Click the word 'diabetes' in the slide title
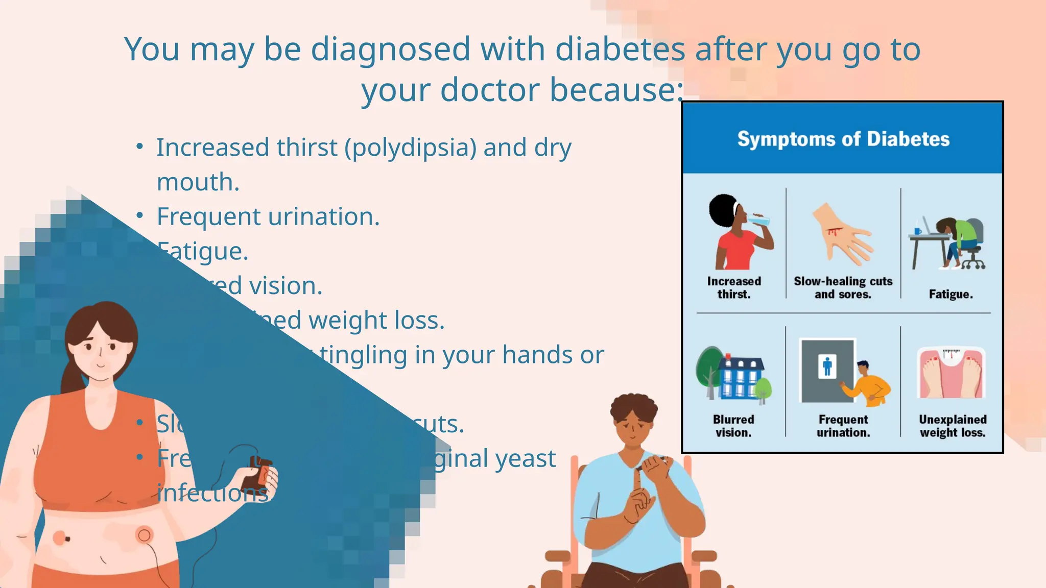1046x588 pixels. pos(620,50)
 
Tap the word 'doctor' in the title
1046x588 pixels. pos(490,90)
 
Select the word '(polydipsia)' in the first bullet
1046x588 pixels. pos(411,148)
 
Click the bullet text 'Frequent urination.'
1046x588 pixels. pos(268,217)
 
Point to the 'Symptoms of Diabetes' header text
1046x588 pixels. pos(843,139)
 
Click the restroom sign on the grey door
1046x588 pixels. pos(827,366)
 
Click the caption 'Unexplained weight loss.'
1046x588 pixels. pos(953,426)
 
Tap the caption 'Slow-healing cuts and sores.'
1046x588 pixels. pos(843,288)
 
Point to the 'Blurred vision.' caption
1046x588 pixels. pos(733,426)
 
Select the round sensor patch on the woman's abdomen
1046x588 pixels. pos(145,535)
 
